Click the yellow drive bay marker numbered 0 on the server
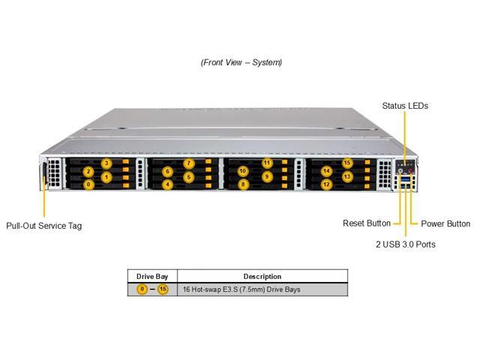(88, 184)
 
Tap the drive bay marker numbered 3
(106, 163)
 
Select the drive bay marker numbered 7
(189, 163)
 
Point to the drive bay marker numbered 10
(243, 171)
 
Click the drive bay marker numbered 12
(327, 184)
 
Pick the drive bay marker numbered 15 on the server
(347, 163)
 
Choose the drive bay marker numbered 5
(189, 177)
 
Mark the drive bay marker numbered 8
(243, 184)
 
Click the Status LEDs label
(405, 106)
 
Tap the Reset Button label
(367, 223)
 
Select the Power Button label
(445, 223)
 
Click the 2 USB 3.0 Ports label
(406, 244)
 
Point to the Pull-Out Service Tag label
(44, 226)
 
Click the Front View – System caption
(241, 62)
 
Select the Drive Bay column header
(152, 277)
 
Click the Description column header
(262, 277)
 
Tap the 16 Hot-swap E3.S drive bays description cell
(241, 289)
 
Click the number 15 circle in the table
(163, 289)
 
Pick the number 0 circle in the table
(142, 289)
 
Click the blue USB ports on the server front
(405, 182)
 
